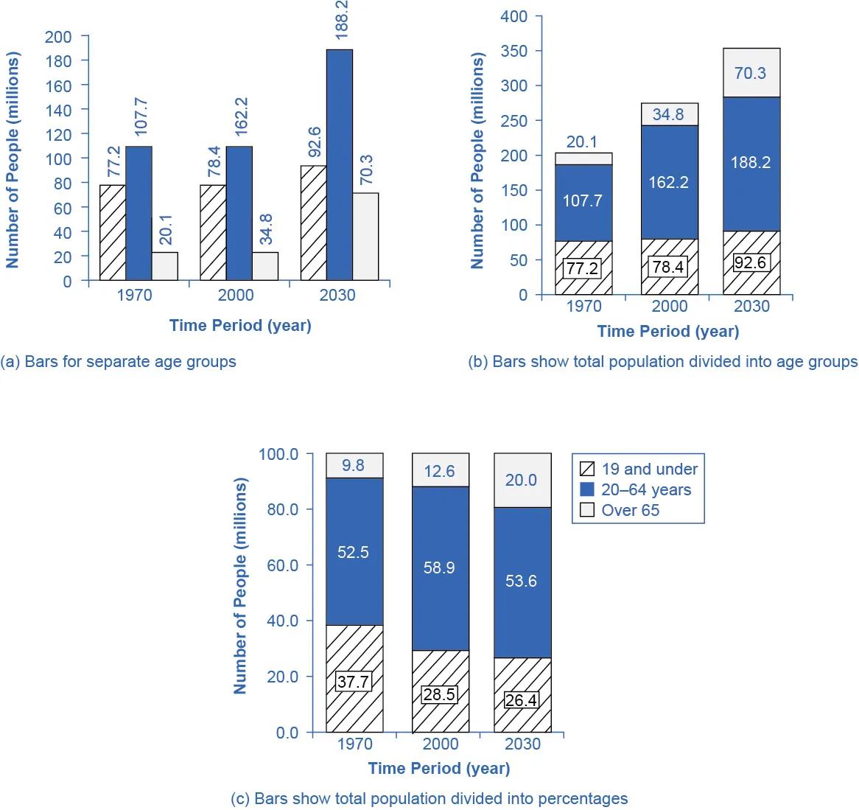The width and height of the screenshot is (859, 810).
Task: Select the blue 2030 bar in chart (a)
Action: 340,165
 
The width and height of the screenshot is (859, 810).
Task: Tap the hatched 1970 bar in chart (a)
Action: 113,232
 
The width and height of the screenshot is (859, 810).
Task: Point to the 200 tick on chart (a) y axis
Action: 58,37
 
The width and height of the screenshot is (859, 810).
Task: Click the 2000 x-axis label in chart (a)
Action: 236,296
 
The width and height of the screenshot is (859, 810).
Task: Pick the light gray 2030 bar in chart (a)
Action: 365,237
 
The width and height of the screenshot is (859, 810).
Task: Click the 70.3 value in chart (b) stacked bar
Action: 750,73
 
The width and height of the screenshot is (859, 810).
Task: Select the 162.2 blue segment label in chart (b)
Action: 668,182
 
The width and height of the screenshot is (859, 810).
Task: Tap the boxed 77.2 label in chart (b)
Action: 582,268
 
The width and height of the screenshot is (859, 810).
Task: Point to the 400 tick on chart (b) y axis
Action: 513,16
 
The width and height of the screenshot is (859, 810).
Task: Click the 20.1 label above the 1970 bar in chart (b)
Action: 582,142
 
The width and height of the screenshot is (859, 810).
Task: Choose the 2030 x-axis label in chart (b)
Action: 751,307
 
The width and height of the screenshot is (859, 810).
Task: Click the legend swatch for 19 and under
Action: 587,469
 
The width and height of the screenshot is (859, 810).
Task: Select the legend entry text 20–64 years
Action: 646,489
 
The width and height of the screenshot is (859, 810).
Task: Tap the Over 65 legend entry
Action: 630,510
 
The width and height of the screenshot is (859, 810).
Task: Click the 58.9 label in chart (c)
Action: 439,568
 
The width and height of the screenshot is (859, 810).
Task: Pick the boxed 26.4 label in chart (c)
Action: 521,700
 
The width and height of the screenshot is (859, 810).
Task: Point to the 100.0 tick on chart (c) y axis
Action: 278,454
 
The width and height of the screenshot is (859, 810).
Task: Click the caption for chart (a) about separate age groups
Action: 119,362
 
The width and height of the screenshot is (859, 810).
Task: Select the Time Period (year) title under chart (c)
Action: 439,768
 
